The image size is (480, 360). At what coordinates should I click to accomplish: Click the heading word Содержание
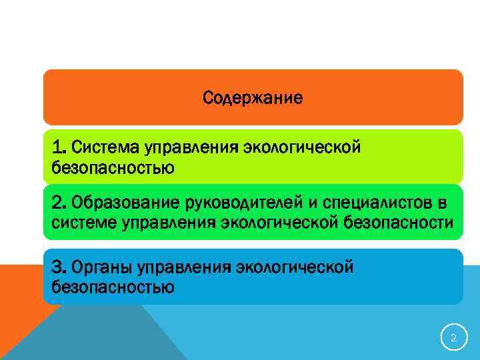click(x=253, y=99)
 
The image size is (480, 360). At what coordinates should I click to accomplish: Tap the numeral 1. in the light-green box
click(x=59, y=146)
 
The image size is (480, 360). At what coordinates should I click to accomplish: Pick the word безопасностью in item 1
click(x=113, y=167)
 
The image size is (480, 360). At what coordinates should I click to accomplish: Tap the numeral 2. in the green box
click(x=59, y=201)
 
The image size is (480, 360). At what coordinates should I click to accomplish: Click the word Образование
click(x=123, y=201)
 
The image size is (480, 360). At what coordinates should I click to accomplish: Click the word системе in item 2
click(x=84, y=223)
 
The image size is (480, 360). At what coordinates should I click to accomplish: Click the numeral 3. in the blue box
click(x=59, y=267)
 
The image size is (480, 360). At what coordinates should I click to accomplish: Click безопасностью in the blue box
click(x=113, y=288)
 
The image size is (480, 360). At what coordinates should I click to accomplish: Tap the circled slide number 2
click(x=453, y=338)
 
